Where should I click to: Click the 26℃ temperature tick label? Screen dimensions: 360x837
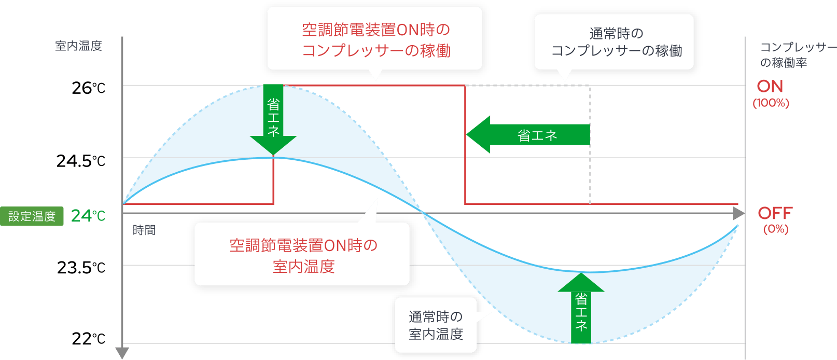point(88,88)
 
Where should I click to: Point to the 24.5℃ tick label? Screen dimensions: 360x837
point(81,161)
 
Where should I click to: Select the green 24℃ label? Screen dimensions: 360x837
point(88,216)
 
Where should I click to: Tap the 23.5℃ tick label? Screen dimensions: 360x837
point(81,268)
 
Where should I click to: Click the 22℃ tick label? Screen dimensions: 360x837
point(88,339)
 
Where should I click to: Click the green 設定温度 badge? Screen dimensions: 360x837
point(32,216)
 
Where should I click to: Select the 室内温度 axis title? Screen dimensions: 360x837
point(78,46)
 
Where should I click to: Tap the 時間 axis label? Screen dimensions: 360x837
point(144,230)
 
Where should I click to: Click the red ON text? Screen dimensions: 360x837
point(770,87)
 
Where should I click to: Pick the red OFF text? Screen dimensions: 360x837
point(775,213)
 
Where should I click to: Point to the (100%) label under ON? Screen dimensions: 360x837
point(771,103)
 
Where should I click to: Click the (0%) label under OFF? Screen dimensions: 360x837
point(775,229)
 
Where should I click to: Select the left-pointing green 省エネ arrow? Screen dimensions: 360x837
point(529,135)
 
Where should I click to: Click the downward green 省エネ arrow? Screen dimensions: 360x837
point(273,120)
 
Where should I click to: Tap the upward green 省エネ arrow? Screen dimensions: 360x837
point(581,309)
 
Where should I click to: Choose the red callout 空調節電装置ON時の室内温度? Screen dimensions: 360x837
point(303,255)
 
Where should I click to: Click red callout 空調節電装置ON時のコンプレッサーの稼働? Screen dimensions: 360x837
point(375,40)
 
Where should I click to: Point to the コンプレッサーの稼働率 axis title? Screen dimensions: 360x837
point(797,55)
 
